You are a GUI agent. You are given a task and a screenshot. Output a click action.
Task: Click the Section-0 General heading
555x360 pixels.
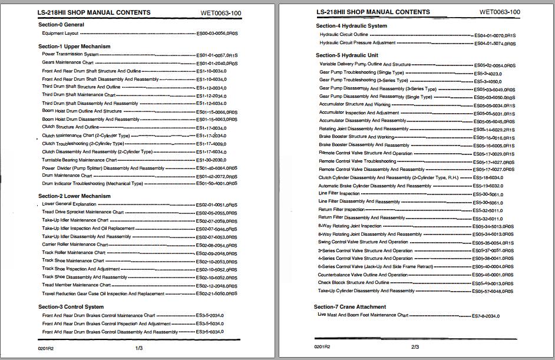61,25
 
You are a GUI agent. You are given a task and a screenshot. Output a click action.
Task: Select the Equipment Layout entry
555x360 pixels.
61,34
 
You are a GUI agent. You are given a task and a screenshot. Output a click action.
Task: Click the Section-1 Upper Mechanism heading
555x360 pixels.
74,47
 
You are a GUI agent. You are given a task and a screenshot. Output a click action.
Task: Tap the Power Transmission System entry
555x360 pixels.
71,54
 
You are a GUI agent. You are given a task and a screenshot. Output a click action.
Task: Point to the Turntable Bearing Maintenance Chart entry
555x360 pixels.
80,160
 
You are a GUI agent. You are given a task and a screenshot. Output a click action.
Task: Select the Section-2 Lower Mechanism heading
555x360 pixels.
74,196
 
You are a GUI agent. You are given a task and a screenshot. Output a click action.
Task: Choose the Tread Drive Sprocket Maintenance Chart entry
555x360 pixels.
83,212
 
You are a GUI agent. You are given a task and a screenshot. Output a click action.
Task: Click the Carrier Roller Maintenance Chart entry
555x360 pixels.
75,245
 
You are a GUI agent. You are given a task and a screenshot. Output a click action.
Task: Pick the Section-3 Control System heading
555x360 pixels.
71,307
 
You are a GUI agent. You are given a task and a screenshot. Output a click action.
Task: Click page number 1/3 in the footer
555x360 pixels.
140,348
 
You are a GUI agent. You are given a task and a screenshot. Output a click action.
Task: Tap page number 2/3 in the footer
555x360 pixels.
415,347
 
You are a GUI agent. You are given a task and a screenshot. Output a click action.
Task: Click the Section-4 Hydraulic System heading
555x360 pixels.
351,26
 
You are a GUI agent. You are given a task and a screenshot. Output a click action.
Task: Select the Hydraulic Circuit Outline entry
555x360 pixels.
343,35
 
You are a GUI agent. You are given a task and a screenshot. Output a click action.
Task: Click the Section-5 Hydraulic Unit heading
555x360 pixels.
347,55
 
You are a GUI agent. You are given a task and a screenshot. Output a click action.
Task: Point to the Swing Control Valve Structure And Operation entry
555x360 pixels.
364,242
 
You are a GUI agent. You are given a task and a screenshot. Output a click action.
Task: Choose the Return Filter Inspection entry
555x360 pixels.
342,209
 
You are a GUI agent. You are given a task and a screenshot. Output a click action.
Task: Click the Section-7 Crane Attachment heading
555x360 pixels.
350,307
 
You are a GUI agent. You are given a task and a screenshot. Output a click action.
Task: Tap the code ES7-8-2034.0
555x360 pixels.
486,316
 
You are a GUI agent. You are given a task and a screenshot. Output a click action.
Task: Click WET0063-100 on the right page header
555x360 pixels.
500,11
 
